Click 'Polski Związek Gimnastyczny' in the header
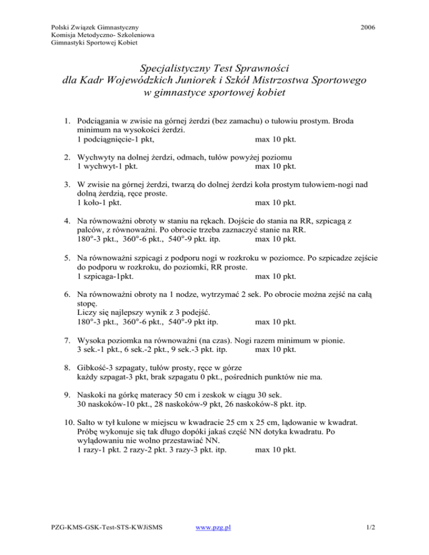pyautogui.click(x=94, y=26)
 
